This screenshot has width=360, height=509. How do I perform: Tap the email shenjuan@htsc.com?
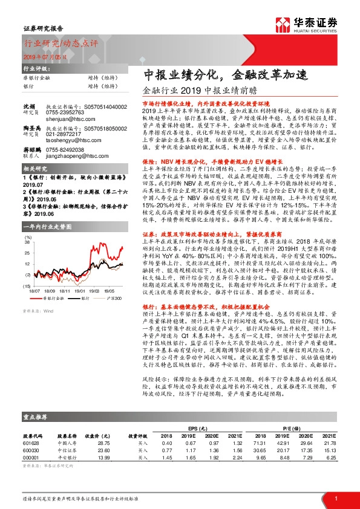coord(67,119)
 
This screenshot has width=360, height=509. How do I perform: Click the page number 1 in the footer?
coord(335,498)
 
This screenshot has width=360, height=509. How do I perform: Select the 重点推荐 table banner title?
coord(36,433)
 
